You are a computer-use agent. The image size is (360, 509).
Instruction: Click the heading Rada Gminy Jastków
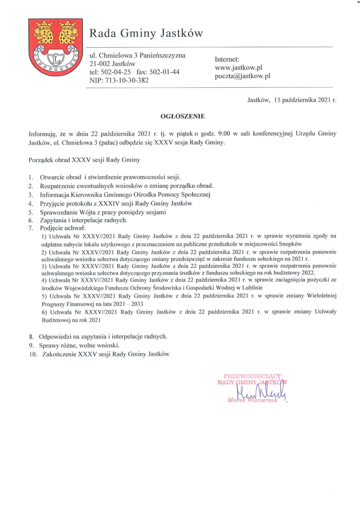(x=146, y=33)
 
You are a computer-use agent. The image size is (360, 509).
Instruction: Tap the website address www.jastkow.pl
(x=238, y=68)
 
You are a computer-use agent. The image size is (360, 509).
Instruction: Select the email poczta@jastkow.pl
(x=243, y=76)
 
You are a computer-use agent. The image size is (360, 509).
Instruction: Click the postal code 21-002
(x=100, y=63)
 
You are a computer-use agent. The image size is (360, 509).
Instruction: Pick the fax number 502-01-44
(x=164, y=72)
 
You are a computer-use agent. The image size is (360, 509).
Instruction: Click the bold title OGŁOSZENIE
(x=183, y=116)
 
